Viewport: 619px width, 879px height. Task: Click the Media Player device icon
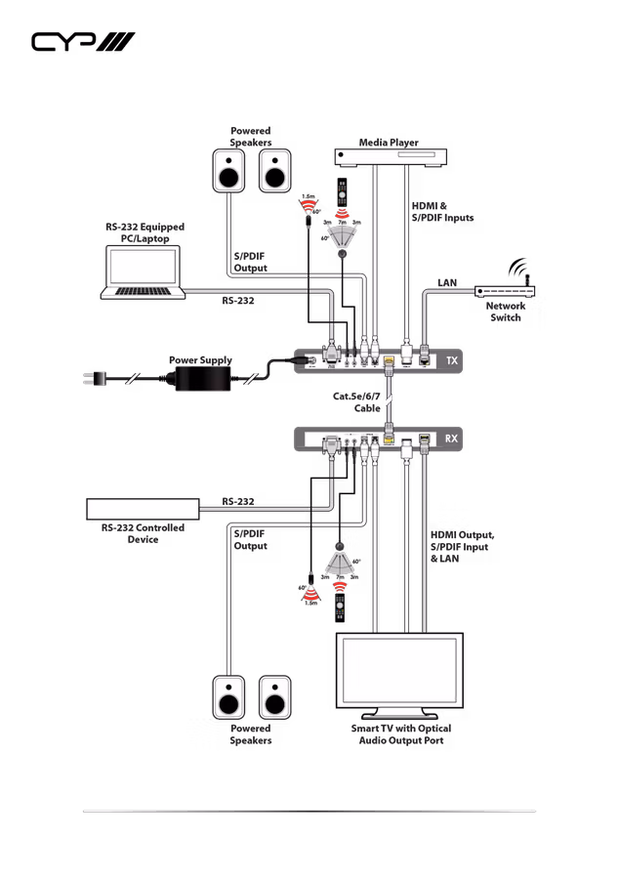click(x=391, y=156)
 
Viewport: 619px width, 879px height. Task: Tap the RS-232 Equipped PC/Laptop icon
click(x=144, y=271)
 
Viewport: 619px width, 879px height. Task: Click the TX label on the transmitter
click(x=451, y=361)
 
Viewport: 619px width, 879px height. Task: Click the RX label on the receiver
click(x=451, y=439)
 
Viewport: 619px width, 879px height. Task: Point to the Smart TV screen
click(x=398, y=671)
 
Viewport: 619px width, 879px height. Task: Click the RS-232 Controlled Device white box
click(x=143, y=509)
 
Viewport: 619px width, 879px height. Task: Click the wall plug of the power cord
click(x=94, y=377)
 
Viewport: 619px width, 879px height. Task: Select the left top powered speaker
click(x=228, y=171)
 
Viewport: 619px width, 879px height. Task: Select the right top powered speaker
click(x=274, y=171)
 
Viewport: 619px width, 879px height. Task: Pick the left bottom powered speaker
click(x=228, y=696)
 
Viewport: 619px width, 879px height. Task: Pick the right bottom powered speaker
click(x=274, y=696)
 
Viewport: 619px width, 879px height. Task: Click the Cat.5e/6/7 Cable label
click(x=357, y=402)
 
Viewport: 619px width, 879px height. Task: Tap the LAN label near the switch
click(x=446, y=283)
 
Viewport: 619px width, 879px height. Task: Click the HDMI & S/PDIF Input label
click(x=440, y=212)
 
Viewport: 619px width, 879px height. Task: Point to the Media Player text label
click(x=389, y=143)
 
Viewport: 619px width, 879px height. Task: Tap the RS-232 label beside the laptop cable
click(x=237, y=301)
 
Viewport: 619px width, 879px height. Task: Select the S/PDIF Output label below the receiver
click(x=250, y=540)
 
